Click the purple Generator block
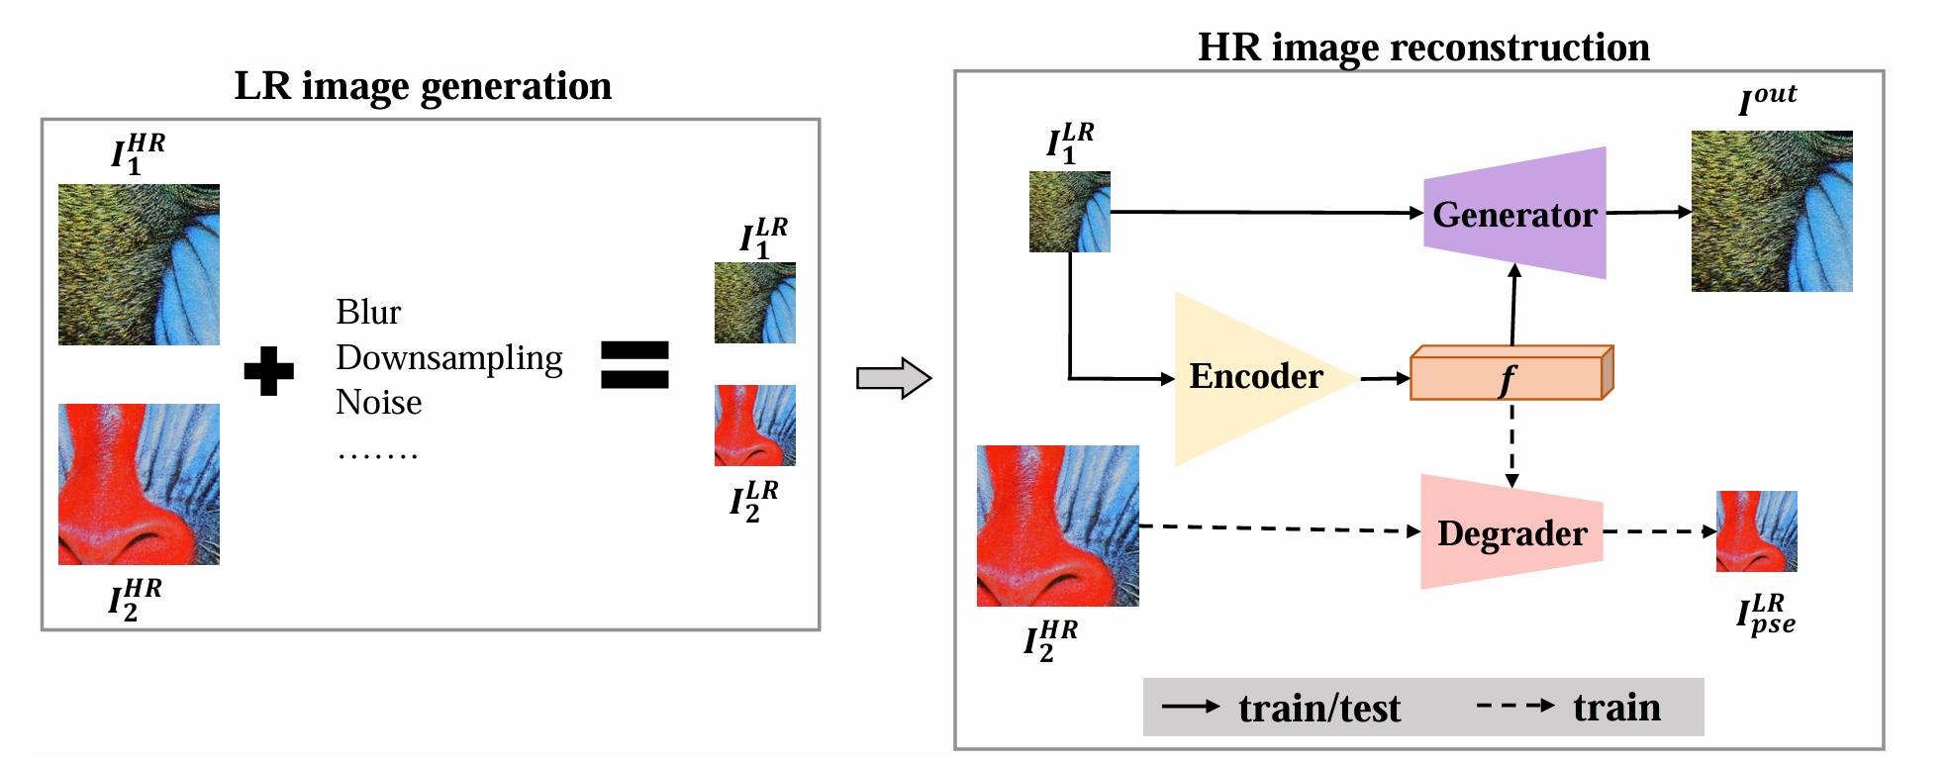tap(1514, 214)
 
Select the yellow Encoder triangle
tap(1253, 377)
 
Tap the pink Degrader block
tap(1511, 532)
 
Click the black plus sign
tap(268, 371)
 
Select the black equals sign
tap(634, 364)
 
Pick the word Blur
tap(368, 313)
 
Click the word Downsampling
tap(448, 357)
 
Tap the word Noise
tap(378, 402)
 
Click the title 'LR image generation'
tap(423, 87)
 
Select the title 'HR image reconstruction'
tap(1422, 48)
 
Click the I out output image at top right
tap(1771, 211)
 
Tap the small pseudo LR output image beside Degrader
tap(1756, 531)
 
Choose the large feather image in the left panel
tap(139, 264)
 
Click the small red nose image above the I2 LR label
tap(754, 426)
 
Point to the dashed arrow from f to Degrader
tap(1511, 443)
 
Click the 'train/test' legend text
tap(1318, 709)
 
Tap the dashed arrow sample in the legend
tap(1514, 706)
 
